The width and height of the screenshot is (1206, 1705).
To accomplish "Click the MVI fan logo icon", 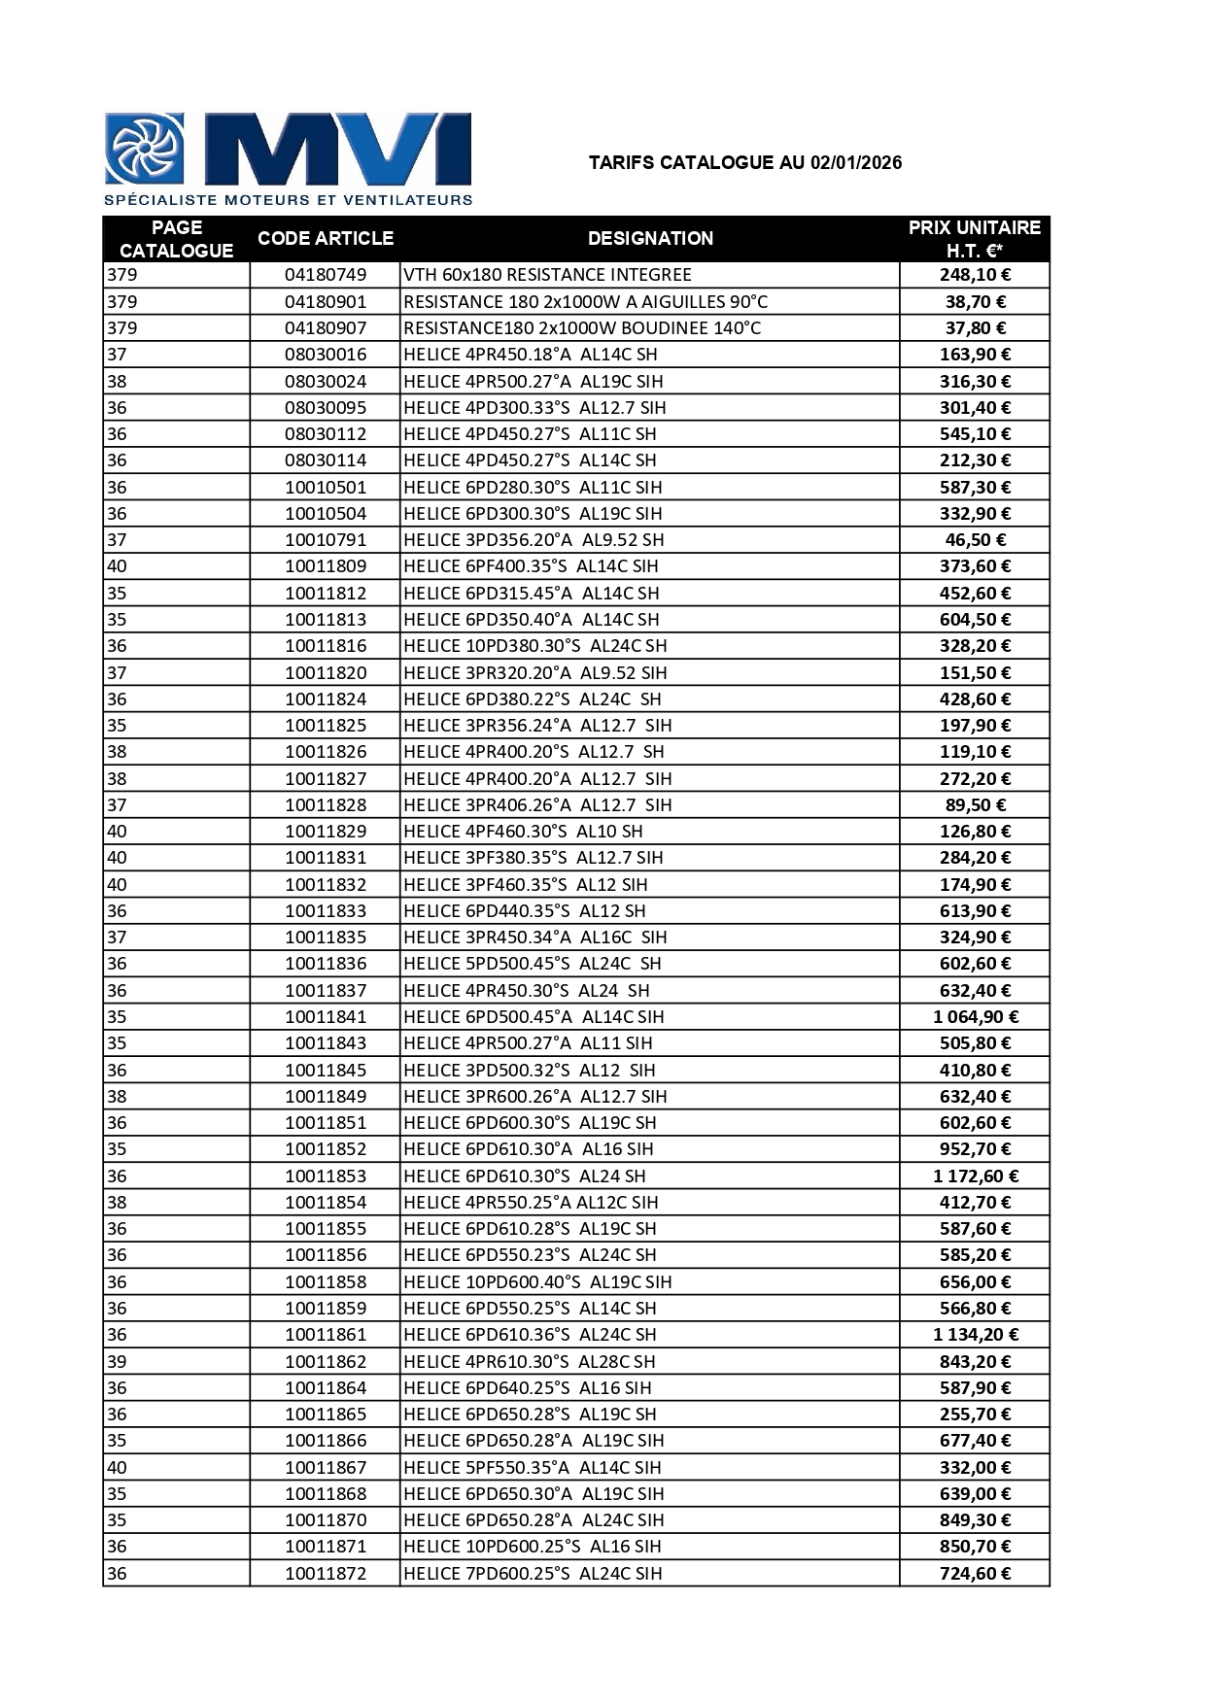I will [x=145, y=149].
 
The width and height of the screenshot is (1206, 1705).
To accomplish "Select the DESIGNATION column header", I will [x=650, y=238].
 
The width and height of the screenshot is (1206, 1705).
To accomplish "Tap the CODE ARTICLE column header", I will [x=326, y=238].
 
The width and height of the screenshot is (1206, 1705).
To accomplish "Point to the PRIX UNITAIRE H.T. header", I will [x=974, y=239].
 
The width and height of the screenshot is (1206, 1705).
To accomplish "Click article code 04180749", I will [x=326, y=275].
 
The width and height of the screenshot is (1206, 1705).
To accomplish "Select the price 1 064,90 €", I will [x=975, y=1017].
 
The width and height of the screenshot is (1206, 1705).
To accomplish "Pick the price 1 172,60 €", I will [x=975, y=1176].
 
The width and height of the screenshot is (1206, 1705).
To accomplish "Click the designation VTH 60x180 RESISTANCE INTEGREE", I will [x=547, y=275].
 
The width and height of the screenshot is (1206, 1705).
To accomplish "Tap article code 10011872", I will [x=326, y=1574].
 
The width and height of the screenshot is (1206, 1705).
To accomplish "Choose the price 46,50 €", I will [x=975, y=540].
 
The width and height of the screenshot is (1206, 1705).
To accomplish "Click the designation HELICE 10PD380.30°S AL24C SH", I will [x=534, y=646].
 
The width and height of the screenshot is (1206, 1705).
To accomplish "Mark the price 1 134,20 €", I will [x=975, y=1335].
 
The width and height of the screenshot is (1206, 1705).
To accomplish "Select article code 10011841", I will [x=326, y=1017].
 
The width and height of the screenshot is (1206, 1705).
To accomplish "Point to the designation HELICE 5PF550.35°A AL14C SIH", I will [x=532, y=1468].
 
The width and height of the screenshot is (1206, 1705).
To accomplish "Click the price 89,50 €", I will [x=975, y=805].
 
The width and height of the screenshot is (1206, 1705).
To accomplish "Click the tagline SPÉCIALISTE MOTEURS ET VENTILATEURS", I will [x=289, y=200].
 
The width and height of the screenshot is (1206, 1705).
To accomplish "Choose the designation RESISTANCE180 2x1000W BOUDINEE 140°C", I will [x=582, y=328].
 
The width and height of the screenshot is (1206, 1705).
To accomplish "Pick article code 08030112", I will [x=326, y=434].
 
